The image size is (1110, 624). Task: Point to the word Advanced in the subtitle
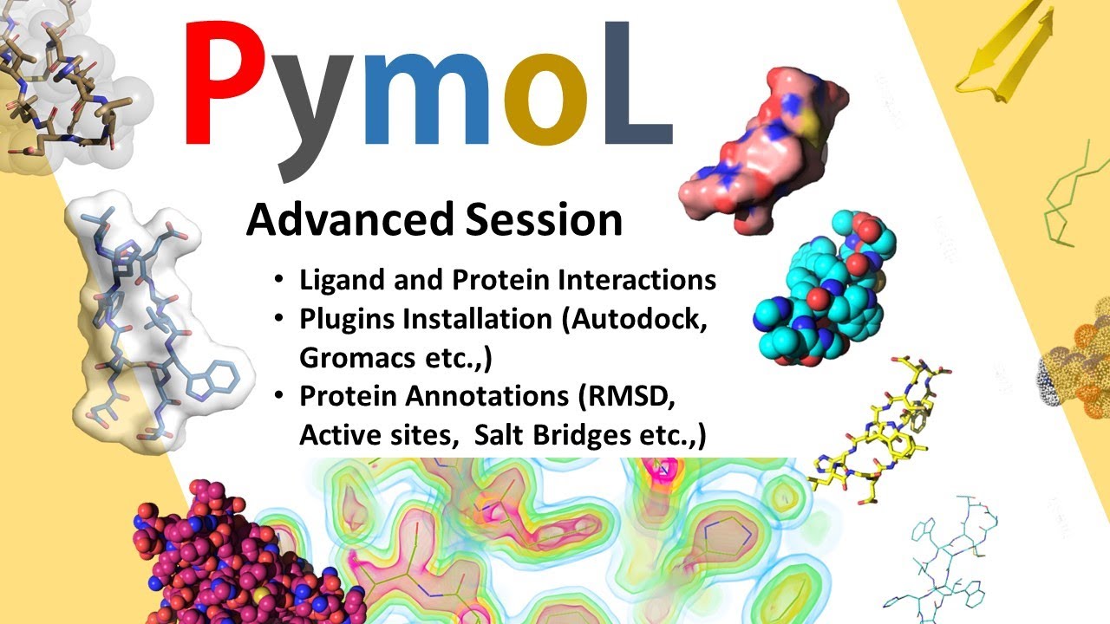pyautogui.click(x=349, y=220)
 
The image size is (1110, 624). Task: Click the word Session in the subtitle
pyautogui.click(x=544, y=220)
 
